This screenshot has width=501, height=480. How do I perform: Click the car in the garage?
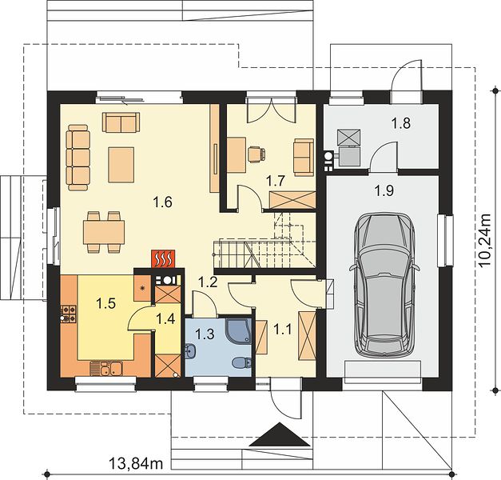coord(384,286)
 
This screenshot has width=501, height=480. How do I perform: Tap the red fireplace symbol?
coord(163,258)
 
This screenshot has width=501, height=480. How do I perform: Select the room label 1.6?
coord(163,202)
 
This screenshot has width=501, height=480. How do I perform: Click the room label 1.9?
coord(384,191)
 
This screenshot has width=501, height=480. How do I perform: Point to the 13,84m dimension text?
coord(136,462)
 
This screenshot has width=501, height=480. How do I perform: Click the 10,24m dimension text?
coord(486,240)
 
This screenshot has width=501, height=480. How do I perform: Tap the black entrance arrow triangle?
coord(280,434)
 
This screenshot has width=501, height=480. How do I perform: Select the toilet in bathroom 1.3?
coord(241,363)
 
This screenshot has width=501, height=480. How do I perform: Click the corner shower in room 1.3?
coord(238,330)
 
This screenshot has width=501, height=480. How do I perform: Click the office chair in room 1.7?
coord(256,154)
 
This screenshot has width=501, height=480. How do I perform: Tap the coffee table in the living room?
coord(121,165)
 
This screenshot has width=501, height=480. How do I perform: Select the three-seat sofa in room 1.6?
coord(78,158)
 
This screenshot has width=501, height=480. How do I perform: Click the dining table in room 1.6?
coord(104,232)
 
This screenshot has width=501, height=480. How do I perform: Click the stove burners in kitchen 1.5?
coord(69,314)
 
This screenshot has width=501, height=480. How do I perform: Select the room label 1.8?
coord(401,123)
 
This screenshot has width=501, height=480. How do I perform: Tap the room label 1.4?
coord(166,318)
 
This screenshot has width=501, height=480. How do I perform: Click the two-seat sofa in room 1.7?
coord(304,158)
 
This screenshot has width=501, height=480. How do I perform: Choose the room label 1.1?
coord(284,329)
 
